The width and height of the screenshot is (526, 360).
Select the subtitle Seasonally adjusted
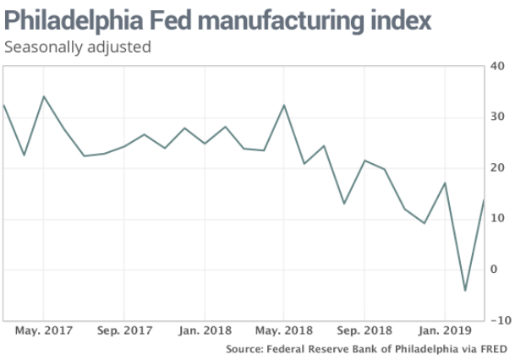coord(77,47)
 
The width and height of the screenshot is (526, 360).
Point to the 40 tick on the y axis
coord(499,66)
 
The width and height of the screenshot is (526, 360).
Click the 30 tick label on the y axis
coord(499,117)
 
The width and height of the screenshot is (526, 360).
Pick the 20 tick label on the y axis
coord(499,168)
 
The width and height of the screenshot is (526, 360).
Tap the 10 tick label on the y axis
coord(499,219)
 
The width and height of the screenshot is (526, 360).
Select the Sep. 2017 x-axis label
coord(125,331)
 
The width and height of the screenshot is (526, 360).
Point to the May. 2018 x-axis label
coord(284,331)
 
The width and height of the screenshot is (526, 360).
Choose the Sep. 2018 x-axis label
coord(365,331)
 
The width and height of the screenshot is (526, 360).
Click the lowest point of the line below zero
coord(464,291)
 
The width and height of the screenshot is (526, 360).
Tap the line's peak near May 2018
coord(284,105)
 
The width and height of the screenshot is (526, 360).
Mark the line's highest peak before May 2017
coord(43,96)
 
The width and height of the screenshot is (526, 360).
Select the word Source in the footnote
coord(244,348)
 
